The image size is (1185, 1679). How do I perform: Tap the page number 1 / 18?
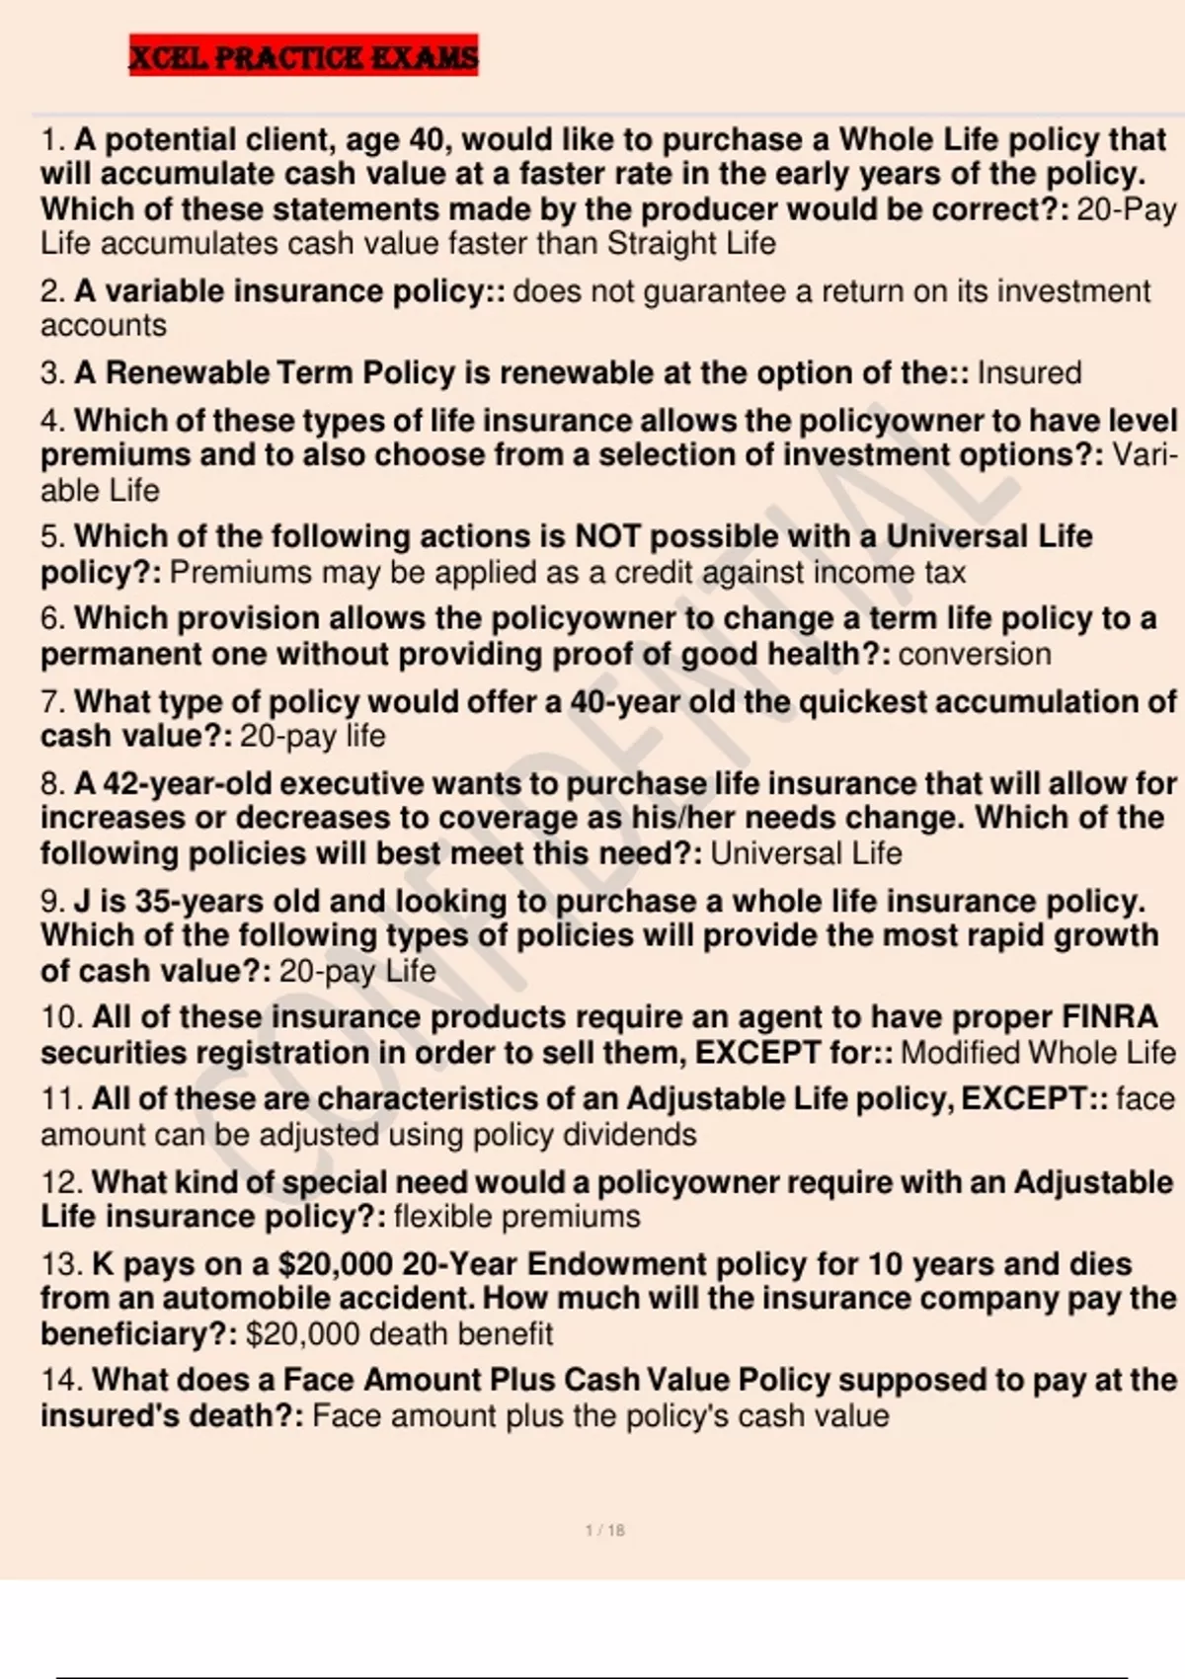coord(604,1530)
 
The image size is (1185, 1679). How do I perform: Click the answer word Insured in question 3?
coord(1029,373)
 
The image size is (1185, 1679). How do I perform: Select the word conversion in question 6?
coord(975,654)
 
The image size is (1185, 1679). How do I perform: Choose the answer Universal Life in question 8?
coord(806,853)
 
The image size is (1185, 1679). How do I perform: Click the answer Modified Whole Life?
coord(1038,1052)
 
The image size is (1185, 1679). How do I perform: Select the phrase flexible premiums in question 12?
coord(516,1216)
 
